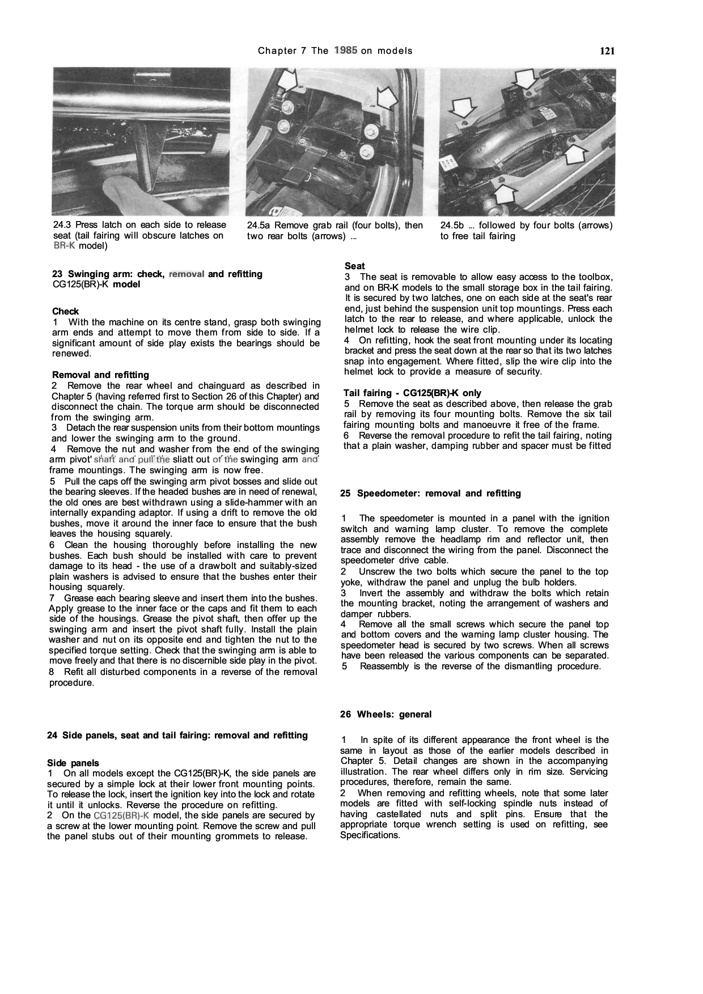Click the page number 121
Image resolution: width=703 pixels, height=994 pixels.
pos(607,51)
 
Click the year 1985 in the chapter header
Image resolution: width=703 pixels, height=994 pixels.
pos(345,50)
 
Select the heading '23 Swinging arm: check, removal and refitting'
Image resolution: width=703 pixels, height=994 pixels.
pos(157,274)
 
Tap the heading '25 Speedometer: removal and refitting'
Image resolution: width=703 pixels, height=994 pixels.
pos(430,494)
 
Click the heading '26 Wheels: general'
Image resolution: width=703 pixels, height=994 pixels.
pos(386,715)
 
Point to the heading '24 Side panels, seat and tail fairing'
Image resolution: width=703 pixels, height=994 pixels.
pos(177,736)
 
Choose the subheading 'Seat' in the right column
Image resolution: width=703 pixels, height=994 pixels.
pos(354,266)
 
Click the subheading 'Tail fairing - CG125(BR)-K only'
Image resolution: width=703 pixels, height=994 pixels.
pos(412,393)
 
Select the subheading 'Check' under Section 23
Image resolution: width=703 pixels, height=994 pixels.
pos(65,311)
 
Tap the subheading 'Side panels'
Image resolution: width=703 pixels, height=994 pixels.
pos(73,763)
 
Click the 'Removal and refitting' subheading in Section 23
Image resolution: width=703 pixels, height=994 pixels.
pos(100,375)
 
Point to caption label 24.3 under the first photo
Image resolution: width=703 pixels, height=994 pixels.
pos(62,225)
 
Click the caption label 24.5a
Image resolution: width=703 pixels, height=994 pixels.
pos(258,225)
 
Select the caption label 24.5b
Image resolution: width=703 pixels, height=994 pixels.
pos(452,225)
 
